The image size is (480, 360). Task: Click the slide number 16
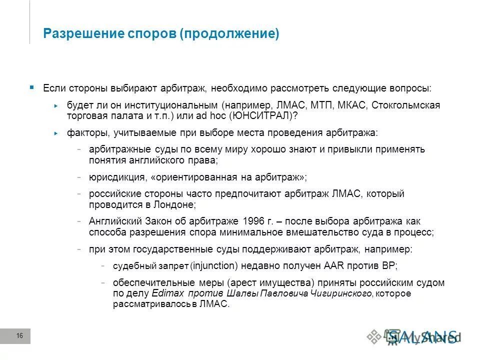coord(20,336)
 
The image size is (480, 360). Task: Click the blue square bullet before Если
coord(32,87)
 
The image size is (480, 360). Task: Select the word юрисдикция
coord(114,177)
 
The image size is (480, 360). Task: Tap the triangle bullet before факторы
coord(56,133)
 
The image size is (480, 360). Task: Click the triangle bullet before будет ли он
coord(56,106)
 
